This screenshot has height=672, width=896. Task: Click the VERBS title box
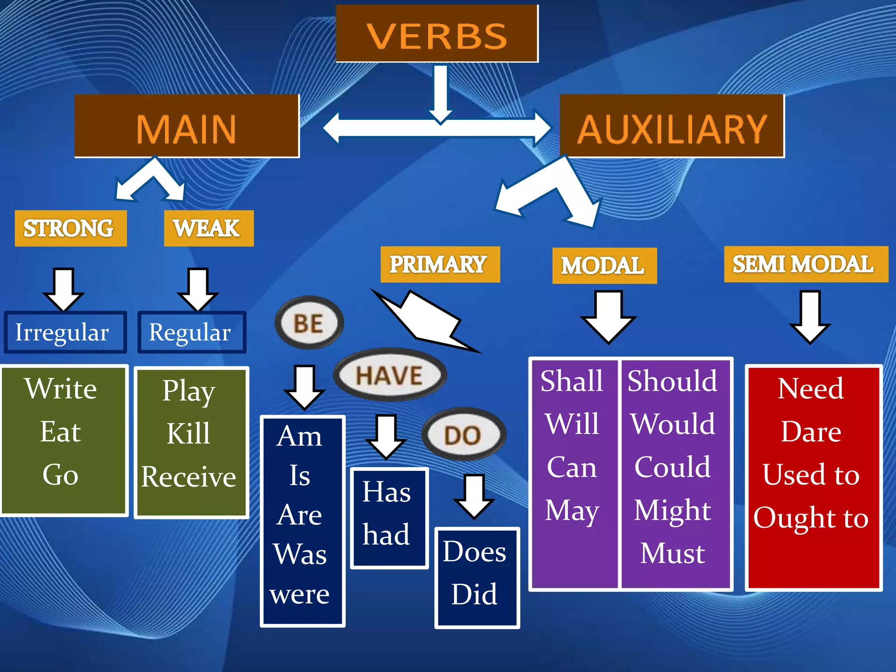[x=437, y=34]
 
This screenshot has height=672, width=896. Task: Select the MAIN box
[x=187, y=126]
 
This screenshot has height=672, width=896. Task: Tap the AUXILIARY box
[x=672, y=126]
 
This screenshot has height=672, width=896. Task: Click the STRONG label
[x=70, y=228]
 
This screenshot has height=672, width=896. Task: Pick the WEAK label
[x=208, y=228]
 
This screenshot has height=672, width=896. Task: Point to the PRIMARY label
[x=440, y=264]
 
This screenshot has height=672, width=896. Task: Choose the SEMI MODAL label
[x=805, y=264]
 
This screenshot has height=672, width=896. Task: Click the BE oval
[x=309, y=323]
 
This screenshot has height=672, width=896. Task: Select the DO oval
[x=463, y=434]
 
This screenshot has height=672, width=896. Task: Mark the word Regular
[x=191, y=332]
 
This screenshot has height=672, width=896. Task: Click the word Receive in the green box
[x=189, y=476]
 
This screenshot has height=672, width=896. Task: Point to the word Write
[x=61, y=388]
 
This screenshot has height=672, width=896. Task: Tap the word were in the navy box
[x=300, y=594]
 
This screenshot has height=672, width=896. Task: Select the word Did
[x=475, y=594]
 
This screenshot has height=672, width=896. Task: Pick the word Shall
[x=572, y=381]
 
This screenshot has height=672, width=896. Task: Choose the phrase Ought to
[x=811, y=518]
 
